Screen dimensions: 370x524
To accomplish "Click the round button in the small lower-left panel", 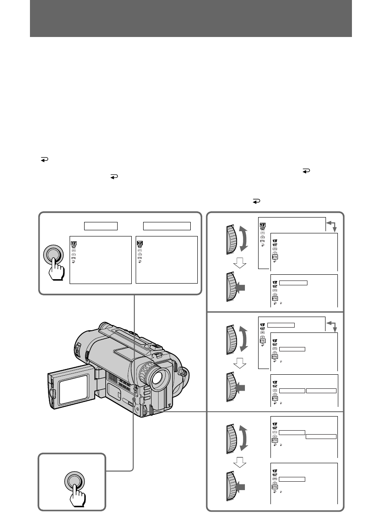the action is click(74, 481).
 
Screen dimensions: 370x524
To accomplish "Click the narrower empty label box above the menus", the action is click(101, 226).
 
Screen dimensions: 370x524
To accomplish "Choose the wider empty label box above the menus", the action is click(167, 226).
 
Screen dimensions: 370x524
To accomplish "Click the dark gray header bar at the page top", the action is click(191, 18).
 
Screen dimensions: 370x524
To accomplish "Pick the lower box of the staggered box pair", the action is click(321, 436).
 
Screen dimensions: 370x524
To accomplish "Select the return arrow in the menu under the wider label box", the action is click(140, 262).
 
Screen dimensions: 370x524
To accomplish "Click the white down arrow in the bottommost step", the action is click(238, 461).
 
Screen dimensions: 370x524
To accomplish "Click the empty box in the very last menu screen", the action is click(292, 479).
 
